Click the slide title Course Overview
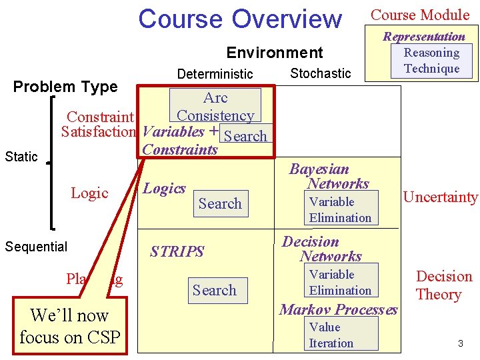tap(239, 19)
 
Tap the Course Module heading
tap(420, 15)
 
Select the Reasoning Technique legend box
tap(431, 61)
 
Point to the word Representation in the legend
tap(423, 36)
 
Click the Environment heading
tap(275, 53)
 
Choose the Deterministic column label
tap(215, 73)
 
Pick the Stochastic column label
tap(321, 73)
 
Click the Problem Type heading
tap(65, 87)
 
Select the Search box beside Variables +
tap(245, 136)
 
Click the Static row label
tap(21, 157)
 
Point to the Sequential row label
tap(36, 247)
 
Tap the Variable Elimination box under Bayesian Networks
tap(340, 209)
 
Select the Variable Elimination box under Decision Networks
tap(340, 282)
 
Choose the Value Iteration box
tap(340, 335)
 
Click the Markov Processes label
tap(339, 309)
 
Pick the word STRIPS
tap(177, 251)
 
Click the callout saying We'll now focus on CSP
tap(69, 326)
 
